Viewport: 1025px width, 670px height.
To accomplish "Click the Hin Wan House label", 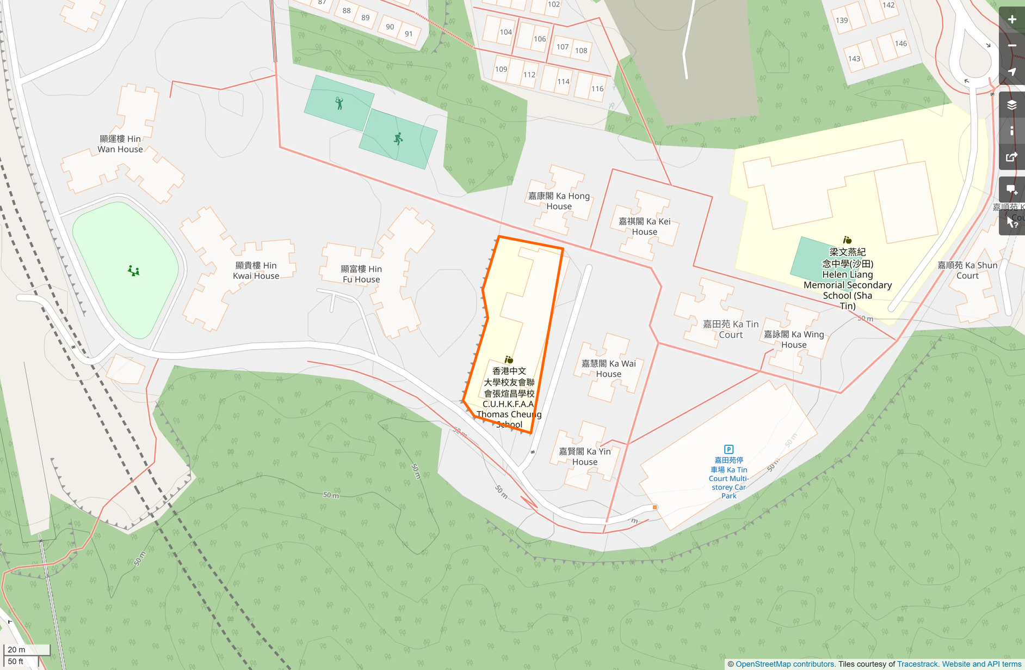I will coord(120,144).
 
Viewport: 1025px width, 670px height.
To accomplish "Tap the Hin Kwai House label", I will coord(256,270).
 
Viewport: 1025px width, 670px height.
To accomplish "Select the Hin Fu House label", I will coord(361,274).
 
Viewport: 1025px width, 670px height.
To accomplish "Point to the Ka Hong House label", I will coord(559,201).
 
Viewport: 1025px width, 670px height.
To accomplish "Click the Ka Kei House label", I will coord(644,226).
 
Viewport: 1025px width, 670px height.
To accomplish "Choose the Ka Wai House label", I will coord(608,368).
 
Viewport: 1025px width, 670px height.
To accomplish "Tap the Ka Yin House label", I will coord(585,456).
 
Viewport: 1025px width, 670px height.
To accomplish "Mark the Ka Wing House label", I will coord(794,339).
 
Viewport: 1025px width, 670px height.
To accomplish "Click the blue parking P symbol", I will coord(728,449).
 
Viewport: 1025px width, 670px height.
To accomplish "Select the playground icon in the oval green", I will coord(134,271).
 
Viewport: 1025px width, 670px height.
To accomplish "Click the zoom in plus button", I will coord(1012,20).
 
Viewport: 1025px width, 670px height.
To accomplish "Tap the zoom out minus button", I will coord(1012,46).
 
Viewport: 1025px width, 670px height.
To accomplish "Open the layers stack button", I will coord(1012,105).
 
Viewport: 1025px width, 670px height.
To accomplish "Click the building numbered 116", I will coord(597,88).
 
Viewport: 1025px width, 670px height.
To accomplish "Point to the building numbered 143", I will coord(854,59).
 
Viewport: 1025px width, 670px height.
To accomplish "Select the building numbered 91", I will coord(409,34).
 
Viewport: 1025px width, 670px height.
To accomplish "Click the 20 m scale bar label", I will coord(17,649).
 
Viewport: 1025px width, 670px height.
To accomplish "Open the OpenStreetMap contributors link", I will coord(785,664).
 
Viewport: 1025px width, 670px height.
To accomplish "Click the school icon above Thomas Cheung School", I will coord(509,360).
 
